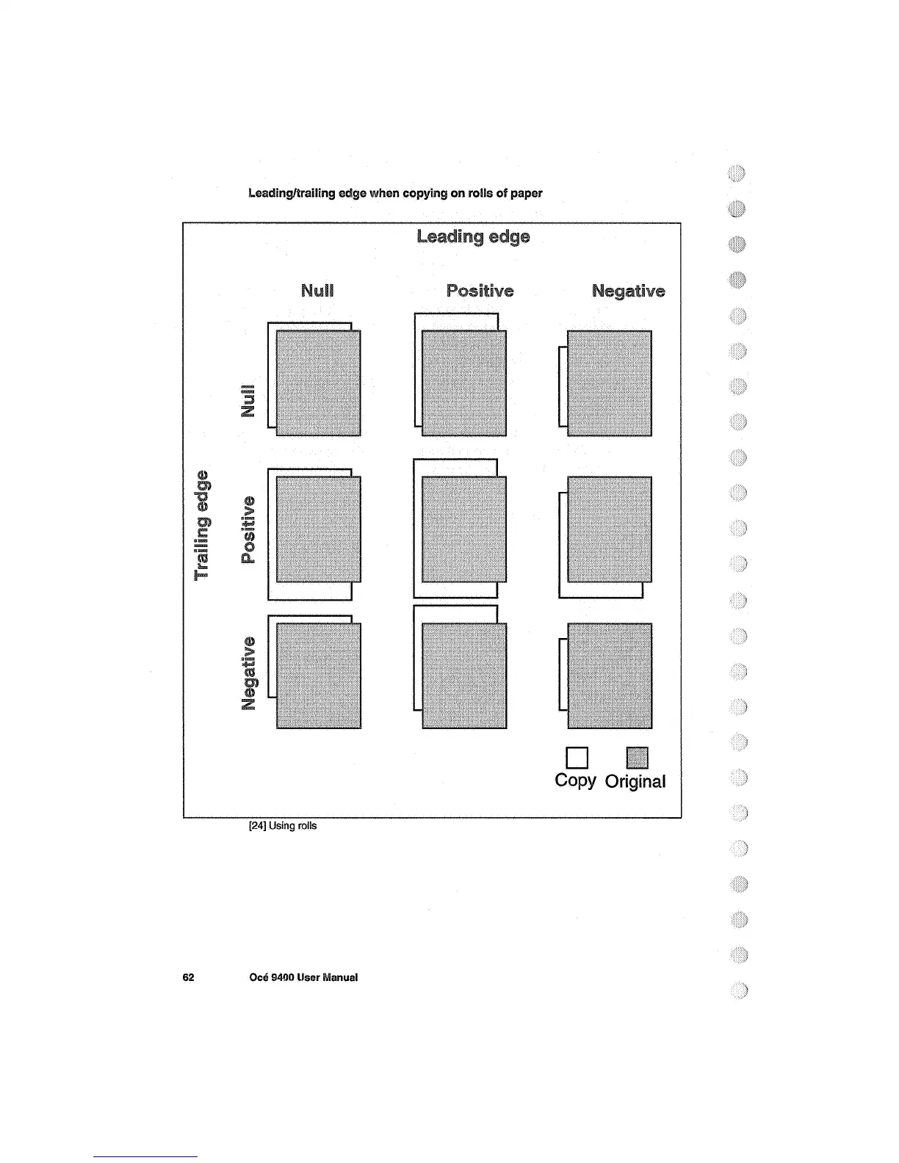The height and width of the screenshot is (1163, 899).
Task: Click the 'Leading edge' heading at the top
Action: pyautogui.click(x=472, y=237)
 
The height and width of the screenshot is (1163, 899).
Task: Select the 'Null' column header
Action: pyautogui.click(x=317, y=291)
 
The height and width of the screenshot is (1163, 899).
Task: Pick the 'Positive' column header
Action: pyautogui.click(x=480, y=291)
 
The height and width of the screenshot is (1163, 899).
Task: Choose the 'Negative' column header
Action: pyautogui.click(x=628, y=291)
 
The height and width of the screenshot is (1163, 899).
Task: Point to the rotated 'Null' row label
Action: pyautogui.click(x=250, y=400)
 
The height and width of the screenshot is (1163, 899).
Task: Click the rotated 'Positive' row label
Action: pyautogui.click(x=250, y=530)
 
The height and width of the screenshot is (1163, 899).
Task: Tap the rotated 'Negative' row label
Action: pyautogui.click(x=250, y=673)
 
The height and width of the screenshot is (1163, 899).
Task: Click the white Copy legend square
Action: pyautogui.click(x=577, y=758)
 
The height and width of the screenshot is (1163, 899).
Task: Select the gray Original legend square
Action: pyautogui.click(x=637, y=758)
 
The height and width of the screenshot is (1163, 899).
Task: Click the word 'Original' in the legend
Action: pyautogui.click(x=635, y=782)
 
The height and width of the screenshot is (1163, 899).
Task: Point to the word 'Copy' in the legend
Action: pyautogui.click(x=575, y=780)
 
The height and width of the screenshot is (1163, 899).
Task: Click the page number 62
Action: pyautogui.click(x=188, y=977)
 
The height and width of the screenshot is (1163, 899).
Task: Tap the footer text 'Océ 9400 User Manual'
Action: pyautogui.click(x=303, y=977)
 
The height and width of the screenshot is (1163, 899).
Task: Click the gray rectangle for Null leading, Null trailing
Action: pyautogui.click(x=319, y=383)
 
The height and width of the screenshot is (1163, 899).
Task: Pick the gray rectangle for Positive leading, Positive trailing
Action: pyautogui.click(x=464, y=529)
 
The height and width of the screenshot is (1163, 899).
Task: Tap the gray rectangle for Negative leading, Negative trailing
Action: pyautogui.click(x=610, y=675)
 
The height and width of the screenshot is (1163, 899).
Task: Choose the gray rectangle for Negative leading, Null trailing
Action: pyautogui.click(x=610, y=383)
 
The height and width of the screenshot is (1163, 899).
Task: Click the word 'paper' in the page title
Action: pyautogui.click(x=528, y=193)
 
